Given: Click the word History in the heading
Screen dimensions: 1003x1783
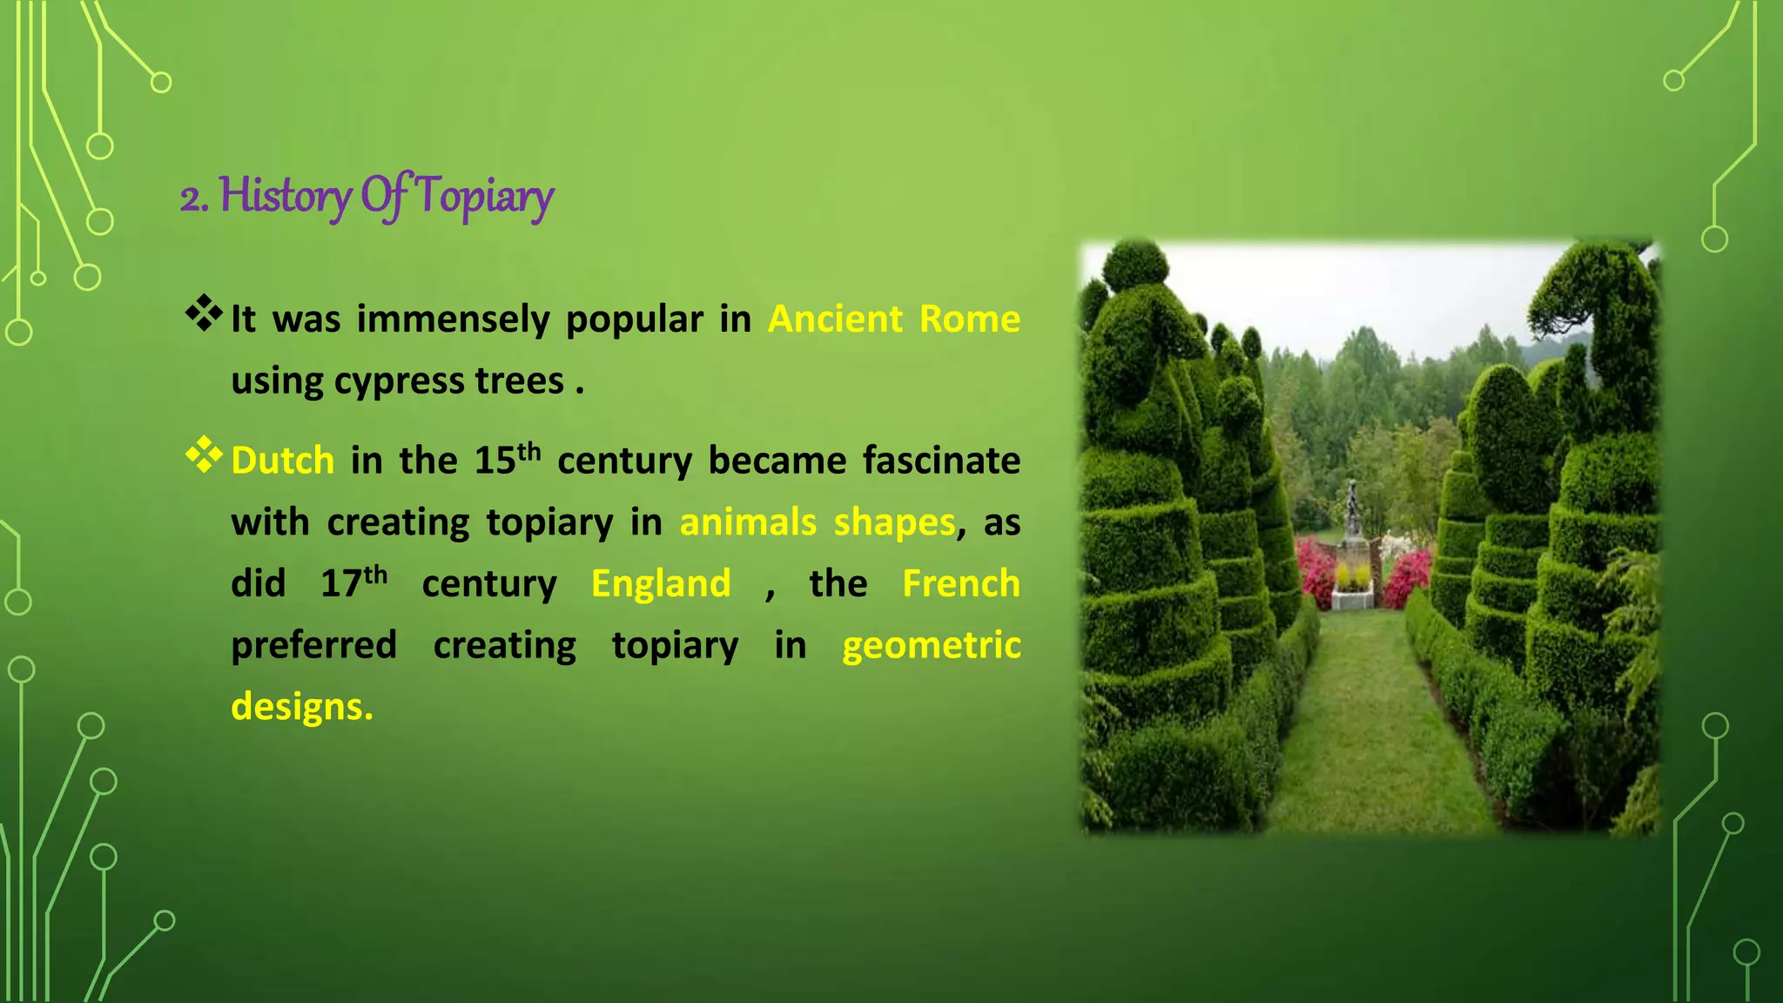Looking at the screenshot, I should (x=285, y=195).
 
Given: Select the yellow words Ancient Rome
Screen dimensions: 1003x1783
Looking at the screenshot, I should (x=893, y=319).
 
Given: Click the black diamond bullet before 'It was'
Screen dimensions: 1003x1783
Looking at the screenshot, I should (x=204, y=313).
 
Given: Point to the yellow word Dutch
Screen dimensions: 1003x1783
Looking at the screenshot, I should (x=283, y=461).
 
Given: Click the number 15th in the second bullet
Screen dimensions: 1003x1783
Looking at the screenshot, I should (x=507, y=459).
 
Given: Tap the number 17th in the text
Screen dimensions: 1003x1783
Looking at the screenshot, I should (x=353, y=582).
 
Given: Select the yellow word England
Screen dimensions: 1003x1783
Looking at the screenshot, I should (x=661, y=583).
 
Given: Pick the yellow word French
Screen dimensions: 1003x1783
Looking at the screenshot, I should (x=960, y=583).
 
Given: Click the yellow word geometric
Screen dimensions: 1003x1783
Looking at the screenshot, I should (x=931, y=645).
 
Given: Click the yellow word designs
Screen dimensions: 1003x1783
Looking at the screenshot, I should (x=301, y=707).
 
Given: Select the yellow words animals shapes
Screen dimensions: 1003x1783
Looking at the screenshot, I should (x=817, y=522).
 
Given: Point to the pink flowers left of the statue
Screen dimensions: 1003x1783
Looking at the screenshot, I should (x=1315, y=570).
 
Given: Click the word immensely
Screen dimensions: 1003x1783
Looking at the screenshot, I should (x=453, y=319).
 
